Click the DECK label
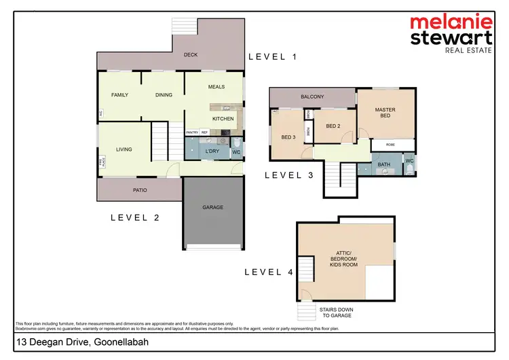[191, 55]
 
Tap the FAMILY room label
[120, 95]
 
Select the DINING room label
[164, 95]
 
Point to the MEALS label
[216, 86]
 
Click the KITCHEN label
[223, 119]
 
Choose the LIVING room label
[124, 149]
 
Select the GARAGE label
[212, 207]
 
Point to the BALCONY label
[312, 97]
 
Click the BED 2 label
[333, 126]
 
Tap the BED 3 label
[288, 137]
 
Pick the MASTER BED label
[385, 113]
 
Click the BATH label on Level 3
[383, 164]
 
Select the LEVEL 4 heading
[269, 272]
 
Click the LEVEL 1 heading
[273, 57]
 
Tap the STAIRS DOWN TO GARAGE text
[336, 313]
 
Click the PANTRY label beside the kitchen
[192, 132]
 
